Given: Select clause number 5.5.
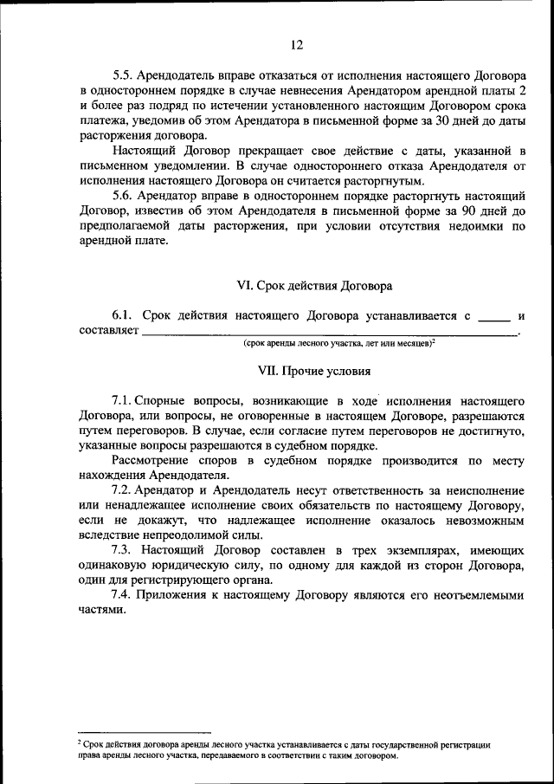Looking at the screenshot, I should click(124, 75).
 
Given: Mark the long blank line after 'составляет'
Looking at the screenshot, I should click(329, 334).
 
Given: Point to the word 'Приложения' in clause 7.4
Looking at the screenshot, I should click(170, 596).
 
